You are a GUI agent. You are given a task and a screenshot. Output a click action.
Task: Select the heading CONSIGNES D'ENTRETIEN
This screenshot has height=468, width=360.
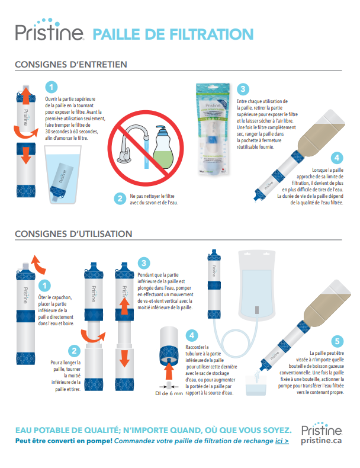coord(71,65)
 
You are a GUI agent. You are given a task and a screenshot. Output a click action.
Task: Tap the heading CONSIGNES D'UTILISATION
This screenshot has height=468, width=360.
coord(73,233)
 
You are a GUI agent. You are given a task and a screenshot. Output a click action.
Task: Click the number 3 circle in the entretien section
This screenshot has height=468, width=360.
coord(243,89)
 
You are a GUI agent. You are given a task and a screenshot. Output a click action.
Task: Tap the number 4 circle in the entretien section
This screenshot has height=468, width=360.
coord(337,158)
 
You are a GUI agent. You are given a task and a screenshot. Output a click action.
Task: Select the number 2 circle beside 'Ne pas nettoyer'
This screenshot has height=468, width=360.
coord(120,198)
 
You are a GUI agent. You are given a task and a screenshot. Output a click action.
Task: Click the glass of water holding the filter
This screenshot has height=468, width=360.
coord(63,175)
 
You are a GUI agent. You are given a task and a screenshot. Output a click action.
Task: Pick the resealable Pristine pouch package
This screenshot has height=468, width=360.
coord(213,129)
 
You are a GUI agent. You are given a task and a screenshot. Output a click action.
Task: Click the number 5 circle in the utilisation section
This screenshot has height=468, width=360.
coord(337,341)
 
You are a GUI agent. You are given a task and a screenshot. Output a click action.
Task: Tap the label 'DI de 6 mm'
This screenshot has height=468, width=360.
coord(169,393)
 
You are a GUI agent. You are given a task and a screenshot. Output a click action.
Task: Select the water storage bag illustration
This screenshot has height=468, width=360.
coord(256,285)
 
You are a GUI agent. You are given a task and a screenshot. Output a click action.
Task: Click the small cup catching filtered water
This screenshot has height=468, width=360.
coord(256,385)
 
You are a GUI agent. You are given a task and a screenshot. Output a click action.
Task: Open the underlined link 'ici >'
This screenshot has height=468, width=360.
coord(282,441)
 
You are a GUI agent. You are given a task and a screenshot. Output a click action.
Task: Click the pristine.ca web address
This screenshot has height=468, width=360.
coord(322,441)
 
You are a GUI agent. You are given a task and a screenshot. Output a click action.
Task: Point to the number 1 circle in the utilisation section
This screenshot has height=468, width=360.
coord(44,286)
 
